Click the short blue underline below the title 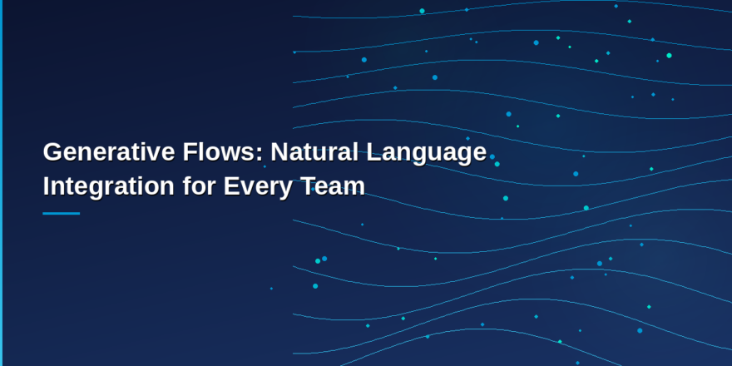[61, 214]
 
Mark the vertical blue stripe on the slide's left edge [1, 183]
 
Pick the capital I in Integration [47, 186]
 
